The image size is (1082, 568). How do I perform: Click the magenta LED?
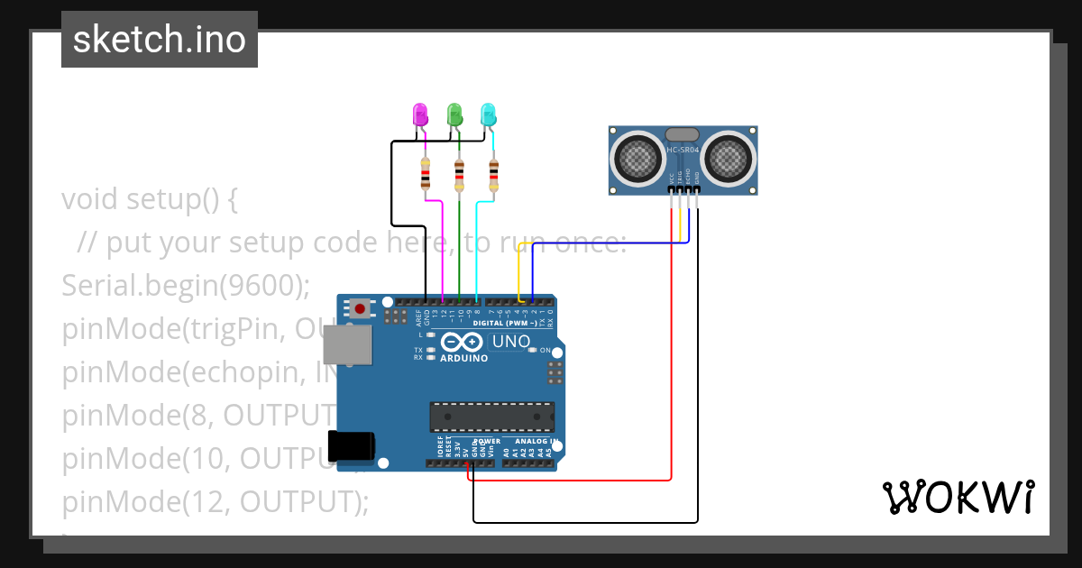click(420, 115)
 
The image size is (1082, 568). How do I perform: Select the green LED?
click(454, 115)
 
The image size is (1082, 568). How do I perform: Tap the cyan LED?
click(489, 115)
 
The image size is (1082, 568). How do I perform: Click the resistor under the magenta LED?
click(426, 173)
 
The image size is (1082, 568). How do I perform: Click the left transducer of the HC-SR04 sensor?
click(638, 159)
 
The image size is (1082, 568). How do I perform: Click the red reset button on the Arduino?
click(361, 308)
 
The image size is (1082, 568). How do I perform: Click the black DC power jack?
click(351, 446)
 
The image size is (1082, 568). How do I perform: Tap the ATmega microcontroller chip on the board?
click(491, 417)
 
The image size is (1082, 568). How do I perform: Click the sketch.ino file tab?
click(160, 40)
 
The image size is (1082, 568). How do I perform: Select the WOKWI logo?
click(958, 498)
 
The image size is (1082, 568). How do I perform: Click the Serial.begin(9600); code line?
click(186, 285)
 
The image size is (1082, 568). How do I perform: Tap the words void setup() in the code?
click(149, 198)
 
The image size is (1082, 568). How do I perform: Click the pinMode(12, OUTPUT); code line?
click(215, 501)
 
